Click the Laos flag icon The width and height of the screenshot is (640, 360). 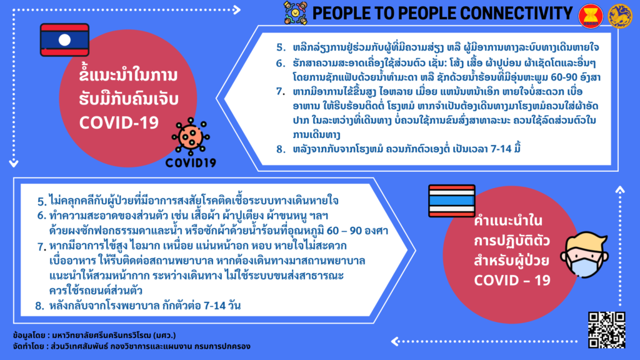point(64,39)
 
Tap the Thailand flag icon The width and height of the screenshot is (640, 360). point(452,201)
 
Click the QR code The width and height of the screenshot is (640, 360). point(606,330)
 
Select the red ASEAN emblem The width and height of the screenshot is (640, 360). point(590,16)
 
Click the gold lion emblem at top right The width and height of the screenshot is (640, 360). point(619,16)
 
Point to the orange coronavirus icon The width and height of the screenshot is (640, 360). point(190,137)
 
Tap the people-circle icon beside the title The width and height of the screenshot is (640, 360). point(296,13)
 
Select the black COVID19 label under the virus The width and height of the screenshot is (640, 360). point(191,163)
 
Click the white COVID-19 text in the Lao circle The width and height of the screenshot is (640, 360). point(119,123)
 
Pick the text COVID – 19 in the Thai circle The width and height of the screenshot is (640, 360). point(512,281)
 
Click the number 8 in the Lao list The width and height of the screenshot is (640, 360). point(280,149)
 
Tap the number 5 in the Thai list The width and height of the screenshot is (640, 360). point(41,201)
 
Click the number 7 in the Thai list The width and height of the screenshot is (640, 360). point(41,247)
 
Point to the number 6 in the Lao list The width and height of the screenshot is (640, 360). point(280,63)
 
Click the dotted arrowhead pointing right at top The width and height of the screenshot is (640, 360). point(237,10)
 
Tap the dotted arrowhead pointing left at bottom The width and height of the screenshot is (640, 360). point(395,341)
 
